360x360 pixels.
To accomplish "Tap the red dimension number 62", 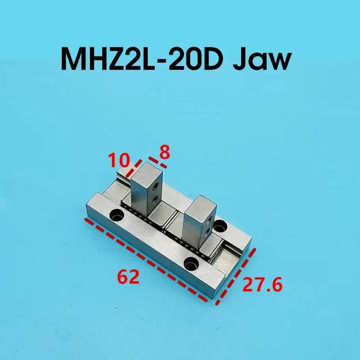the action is tap(128, 277).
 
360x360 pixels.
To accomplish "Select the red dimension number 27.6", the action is tap(262, 284).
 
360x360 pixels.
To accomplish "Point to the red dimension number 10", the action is tap(119, 160).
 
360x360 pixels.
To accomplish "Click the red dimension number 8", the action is tap(165, 152).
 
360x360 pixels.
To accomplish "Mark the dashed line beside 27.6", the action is tap(235, 276).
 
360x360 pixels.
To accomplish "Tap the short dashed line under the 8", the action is tap(157, 162).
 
